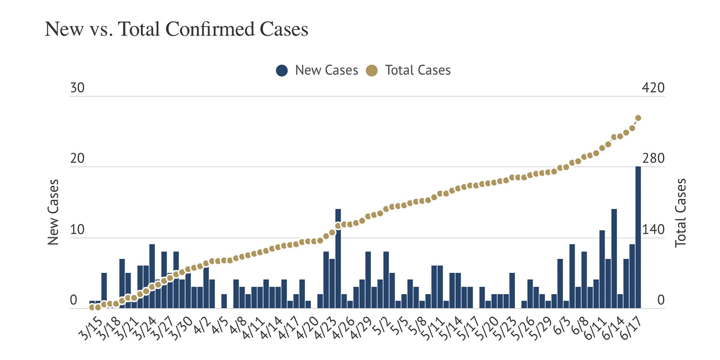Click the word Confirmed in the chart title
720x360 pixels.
[210, 29]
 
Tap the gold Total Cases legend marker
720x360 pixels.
[372, 71]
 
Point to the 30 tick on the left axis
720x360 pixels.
[77, 88]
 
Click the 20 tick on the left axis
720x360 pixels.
[77, 158]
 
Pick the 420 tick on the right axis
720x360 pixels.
[653, 88]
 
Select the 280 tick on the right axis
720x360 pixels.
[653, 158]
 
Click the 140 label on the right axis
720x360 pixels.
[653, 230]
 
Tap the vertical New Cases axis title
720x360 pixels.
[53, 212]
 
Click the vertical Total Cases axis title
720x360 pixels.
[680, 212]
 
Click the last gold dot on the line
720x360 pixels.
[638, 118]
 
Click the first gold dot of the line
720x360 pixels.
[92, 307]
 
